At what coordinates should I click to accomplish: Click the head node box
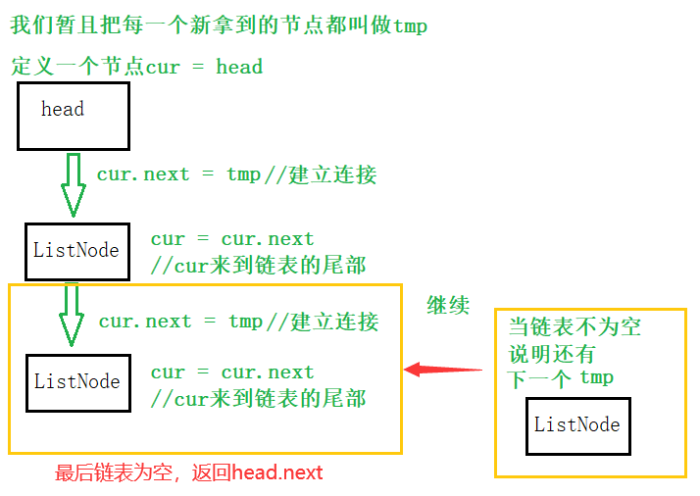coord(74,116)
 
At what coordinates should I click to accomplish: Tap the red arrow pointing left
coord(443,370)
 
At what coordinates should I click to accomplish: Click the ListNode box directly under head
coord(76,251)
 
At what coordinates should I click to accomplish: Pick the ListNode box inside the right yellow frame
coord(576,425)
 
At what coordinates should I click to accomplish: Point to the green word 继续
coord(448,305)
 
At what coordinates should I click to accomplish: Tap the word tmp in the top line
coord(410,25)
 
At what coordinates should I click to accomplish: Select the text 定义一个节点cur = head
coord(137,67)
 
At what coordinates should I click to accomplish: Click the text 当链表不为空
coord(575,326)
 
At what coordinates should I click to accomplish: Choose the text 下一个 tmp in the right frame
coord(561,378)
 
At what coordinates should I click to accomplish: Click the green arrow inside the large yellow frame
coord(71,316)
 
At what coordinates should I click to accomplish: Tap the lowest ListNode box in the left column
coord(77,381)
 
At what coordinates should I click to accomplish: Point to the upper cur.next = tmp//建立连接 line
coord(236,174)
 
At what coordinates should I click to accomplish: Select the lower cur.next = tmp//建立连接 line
coord(238,322)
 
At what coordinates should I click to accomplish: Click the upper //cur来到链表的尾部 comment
coord(258,265)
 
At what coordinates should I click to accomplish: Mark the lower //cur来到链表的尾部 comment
coord(258,398)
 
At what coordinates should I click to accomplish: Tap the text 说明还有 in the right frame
coord(551,353)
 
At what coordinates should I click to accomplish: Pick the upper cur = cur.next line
coord(232,239)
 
